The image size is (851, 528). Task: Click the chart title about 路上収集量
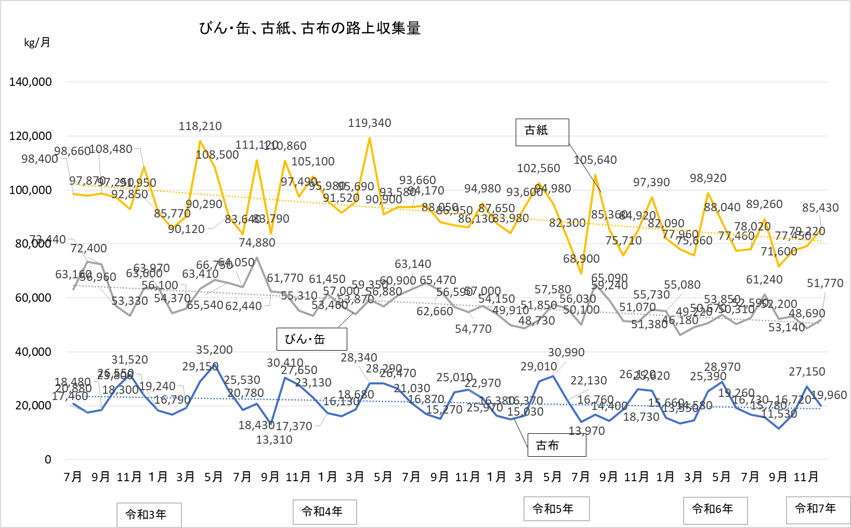point(310,28)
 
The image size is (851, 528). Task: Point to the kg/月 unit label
point(37,43)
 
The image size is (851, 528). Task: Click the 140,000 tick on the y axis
point(31,82)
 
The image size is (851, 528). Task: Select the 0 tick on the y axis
point(48,459)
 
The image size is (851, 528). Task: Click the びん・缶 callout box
point(311,339)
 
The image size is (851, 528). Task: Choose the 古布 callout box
point(557,445)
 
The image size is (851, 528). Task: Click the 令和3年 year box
point(149,515)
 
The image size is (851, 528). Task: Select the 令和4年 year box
point(324,512)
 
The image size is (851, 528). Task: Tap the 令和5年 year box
point(556,509)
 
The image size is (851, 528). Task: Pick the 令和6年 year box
point(715,510)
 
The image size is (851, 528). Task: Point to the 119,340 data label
point(370,123)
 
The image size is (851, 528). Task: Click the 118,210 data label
point(200,126)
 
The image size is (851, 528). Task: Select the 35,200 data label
point(214,350)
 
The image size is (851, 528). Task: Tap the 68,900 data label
point(581,259)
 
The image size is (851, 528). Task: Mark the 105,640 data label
point(595,160)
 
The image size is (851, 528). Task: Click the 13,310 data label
point(274,440)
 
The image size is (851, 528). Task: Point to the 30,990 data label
point(566,353)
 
